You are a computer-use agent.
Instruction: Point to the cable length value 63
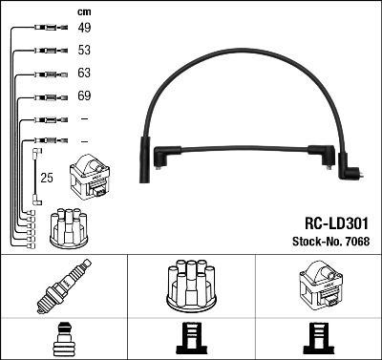click(x=83, y=74)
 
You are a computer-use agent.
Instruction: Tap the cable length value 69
click(x=83, y=96)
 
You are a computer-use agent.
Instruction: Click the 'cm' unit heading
click(x=82, y=11)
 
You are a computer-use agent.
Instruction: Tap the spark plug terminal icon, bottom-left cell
click(x=63, y=337)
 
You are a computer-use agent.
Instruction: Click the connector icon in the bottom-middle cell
click(x=190, y=338)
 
